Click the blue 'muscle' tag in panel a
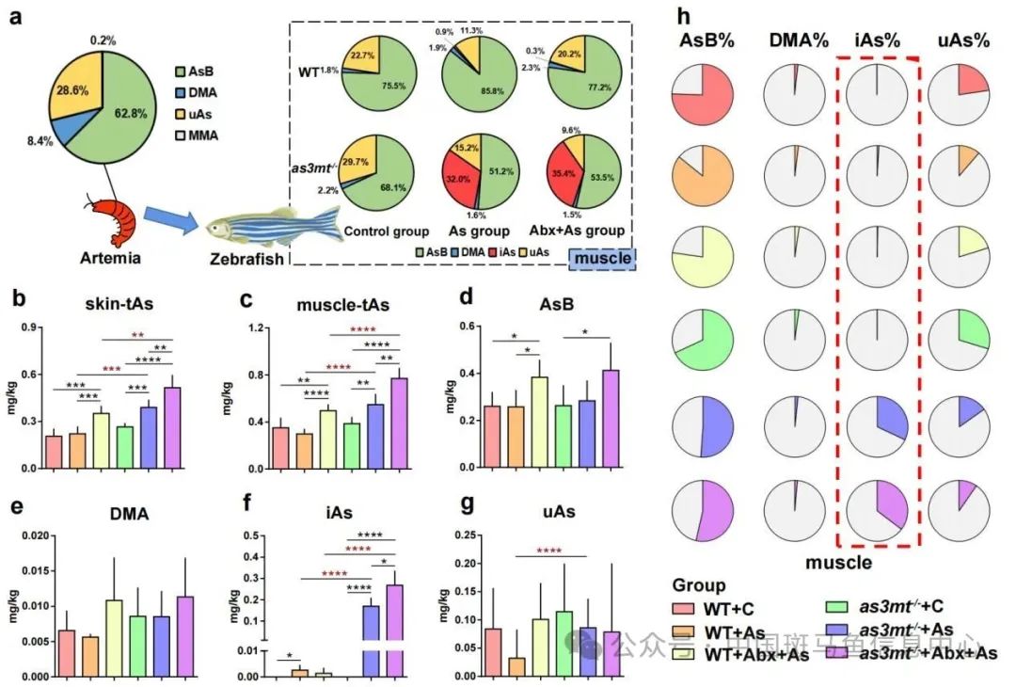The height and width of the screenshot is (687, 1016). (x=601, y=256)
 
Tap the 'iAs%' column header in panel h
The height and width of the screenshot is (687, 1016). (x=877, y=41)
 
